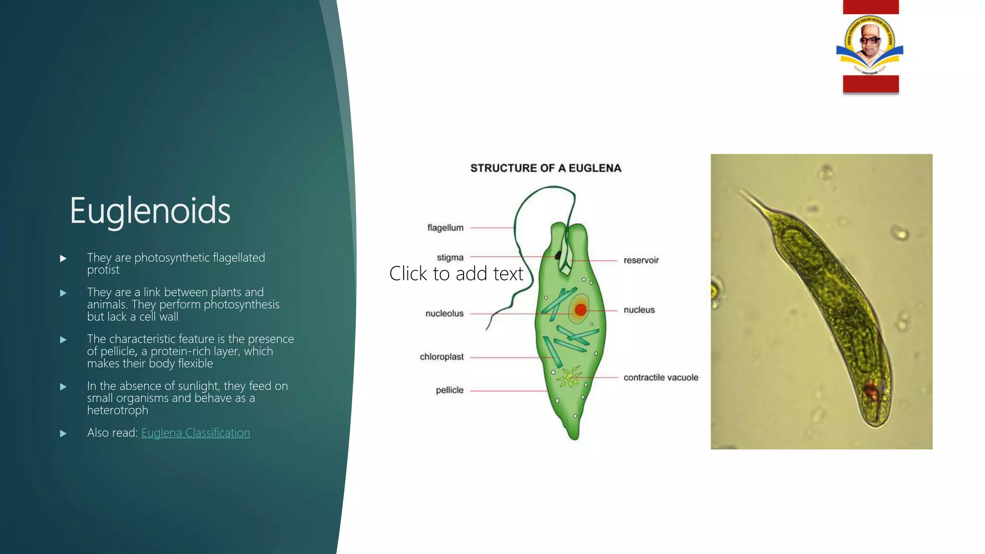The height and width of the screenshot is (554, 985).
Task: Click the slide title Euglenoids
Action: (150, 211)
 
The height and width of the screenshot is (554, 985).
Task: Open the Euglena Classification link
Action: (195, 433)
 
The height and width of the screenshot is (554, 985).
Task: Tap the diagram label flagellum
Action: (445, 228)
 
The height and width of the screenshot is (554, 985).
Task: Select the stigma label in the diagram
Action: (450, 258)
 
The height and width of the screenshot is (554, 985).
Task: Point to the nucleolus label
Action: (444, 314)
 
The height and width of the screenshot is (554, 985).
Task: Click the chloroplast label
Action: (442, 357)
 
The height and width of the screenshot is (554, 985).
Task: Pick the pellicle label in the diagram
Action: (450, 390)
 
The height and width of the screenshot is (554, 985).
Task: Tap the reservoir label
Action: (641, 260)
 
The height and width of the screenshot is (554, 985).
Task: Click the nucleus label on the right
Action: (639, 310)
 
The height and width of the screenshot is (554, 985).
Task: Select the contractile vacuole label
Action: (661, 378)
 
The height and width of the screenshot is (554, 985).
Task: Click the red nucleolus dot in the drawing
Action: (581, 310)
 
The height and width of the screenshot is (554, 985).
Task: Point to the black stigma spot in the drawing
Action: (558, 255)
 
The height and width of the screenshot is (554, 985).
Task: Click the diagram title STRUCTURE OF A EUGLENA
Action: (546, 168)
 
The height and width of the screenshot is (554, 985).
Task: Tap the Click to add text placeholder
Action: (456, 274)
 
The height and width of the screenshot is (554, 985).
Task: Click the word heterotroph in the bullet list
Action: (117, 410)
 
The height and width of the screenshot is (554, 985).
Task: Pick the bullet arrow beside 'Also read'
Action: (63, 433)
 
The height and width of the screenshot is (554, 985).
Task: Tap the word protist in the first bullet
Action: (103, 270)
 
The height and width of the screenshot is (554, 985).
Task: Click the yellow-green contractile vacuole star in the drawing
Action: (570, 378)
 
